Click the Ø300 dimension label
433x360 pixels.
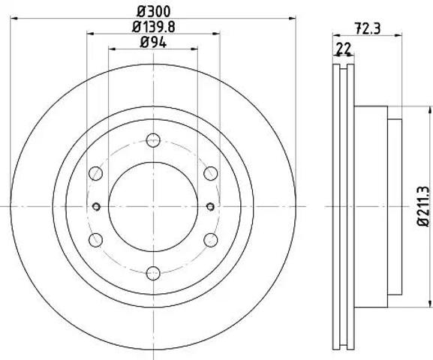[154, 11]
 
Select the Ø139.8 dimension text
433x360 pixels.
[154, 27]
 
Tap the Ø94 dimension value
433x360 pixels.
[154, 42]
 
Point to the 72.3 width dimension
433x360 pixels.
[368, 28]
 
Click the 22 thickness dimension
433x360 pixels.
[343, 48]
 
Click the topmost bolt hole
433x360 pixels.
[153, 140]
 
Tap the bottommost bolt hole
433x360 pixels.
[153, 273]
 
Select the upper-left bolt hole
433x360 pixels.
[95, 173]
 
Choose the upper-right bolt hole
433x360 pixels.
[211, 173]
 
